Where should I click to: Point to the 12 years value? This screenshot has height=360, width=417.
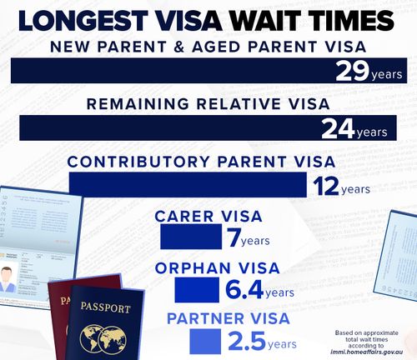341,184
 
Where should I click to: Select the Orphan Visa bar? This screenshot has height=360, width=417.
196,290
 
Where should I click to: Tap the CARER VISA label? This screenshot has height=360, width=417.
208,217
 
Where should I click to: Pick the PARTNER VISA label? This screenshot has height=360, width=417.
229,319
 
